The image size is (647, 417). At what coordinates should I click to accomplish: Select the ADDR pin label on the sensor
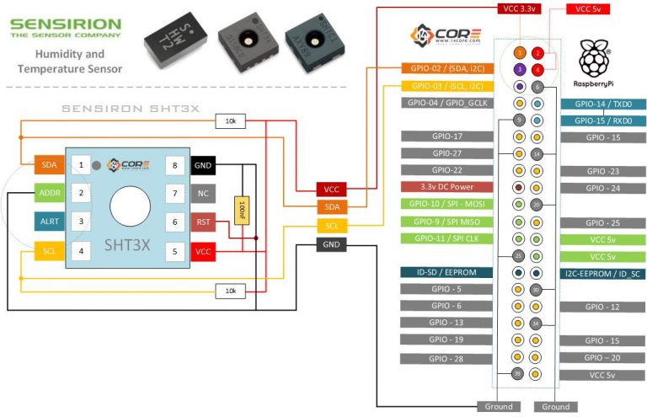click(48, 193)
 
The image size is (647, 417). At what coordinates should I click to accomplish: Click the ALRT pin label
click(48, 222)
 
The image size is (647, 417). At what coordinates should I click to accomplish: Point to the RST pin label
click(203, 222)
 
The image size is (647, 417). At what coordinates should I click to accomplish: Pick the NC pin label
click(203, 194)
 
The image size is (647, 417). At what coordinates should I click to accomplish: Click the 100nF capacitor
click(243, 208)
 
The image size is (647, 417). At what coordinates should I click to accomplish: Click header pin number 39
click(518, 374)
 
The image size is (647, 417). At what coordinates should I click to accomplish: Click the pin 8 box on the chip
click(174, 165)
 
